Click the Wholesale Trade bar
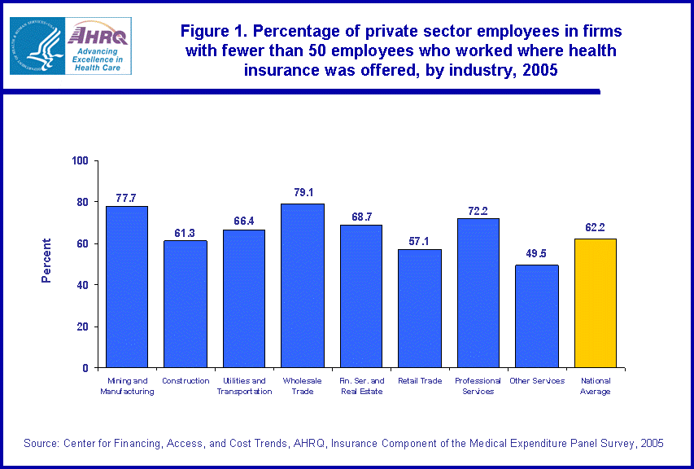click(x=303, y=285)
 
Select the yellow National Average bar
click(x=596, y=303)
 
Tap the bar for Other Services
click(x=536, y=316)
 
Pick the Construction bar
click(x=186, y=304)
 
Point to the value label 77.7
click(x=126, y=198)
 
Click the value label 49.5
click(x=536, y=254)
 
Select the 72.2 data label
click(x=478, y=210)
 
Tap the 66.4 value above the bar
click(x=243, y=221)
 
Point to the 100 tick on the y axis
click(x=80, y=160)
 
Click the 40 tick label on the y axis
click(x=83, y=285)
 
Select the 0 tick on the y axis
click(x=85, y=368)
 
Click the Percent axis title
click(x=46, y=261)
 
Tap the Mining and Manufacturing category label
click(x=127, y=386)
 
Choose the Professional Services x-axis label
click(x=478, y=386)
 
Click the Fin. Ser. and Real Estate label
click(x=361, y=386)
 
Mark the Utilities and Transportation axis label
click(x=244, y=386)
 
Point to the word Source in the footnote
click(x=41, y=443)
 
